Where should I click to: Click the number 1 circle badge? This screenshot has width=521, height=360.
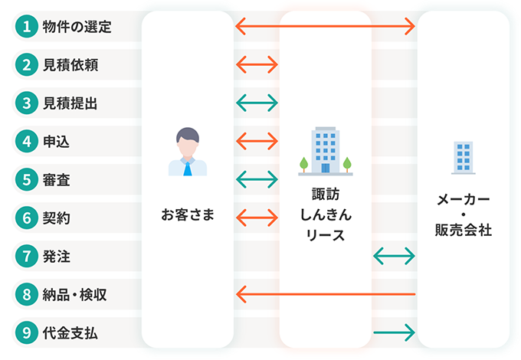click(27, 27)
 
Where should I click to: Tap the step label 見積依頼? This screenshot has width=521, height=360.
click(70, 65)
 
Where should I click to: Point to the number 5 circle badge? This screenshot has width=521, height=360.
click(27, 179)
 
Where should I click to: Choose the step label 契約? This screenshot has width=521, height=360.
click(57, 218)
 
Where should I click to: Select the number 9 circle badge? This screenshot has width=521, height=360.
click(27, 332)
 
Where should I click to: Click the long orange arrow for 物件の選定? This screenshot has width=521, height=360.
click(325, 27)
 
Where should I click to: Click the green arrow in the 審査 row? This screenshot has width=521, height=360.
click(257, 179)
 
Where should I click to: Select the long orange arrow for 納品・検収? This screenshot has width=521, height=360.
click(325, 293)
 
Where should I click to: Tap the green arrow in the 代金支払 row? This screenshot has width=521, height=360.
click(394, 332)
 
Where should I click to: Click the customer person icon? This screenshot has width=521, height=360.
click(188, 152)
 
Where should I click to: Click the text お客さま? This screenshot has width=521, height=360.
click(188, 214)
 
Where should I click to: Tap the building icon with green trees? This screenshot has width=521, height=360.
click(325, 152)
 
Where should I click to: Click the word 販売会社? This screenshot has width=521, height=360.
click(463, 229)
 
